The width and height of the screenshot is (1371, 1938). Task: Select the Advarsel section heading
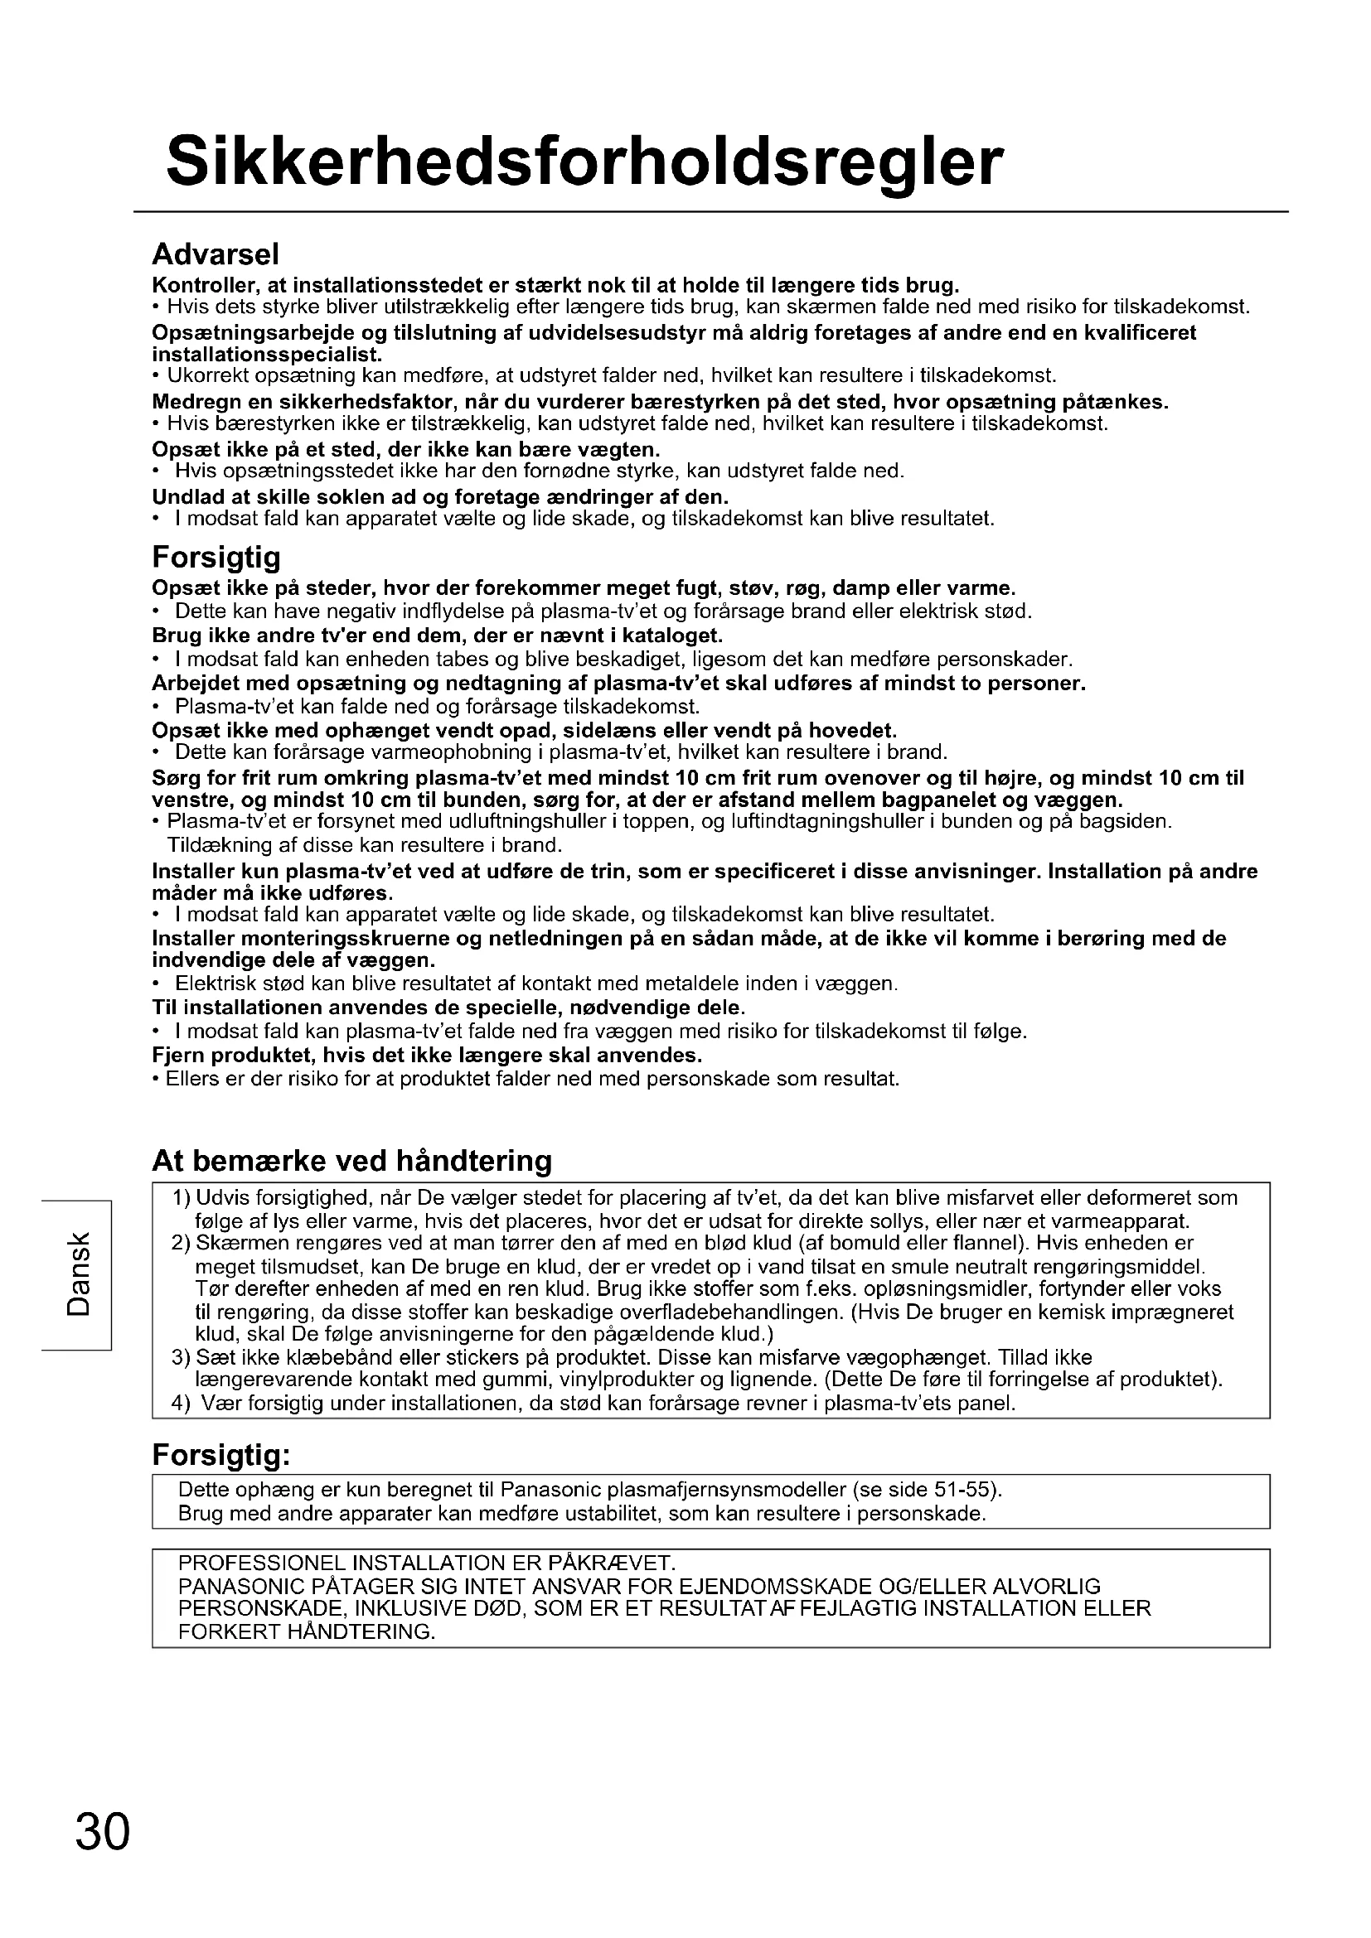click(x=216, y=254)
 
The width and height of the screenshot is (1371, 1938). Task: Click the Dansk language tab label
click(x=78, y=1274)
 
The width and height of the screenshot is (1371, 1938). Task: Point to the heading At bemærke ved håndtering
click(x=352, y=1161)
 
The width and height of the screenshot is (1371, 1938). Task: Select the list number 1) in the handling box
click(x=181, y=1198)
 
